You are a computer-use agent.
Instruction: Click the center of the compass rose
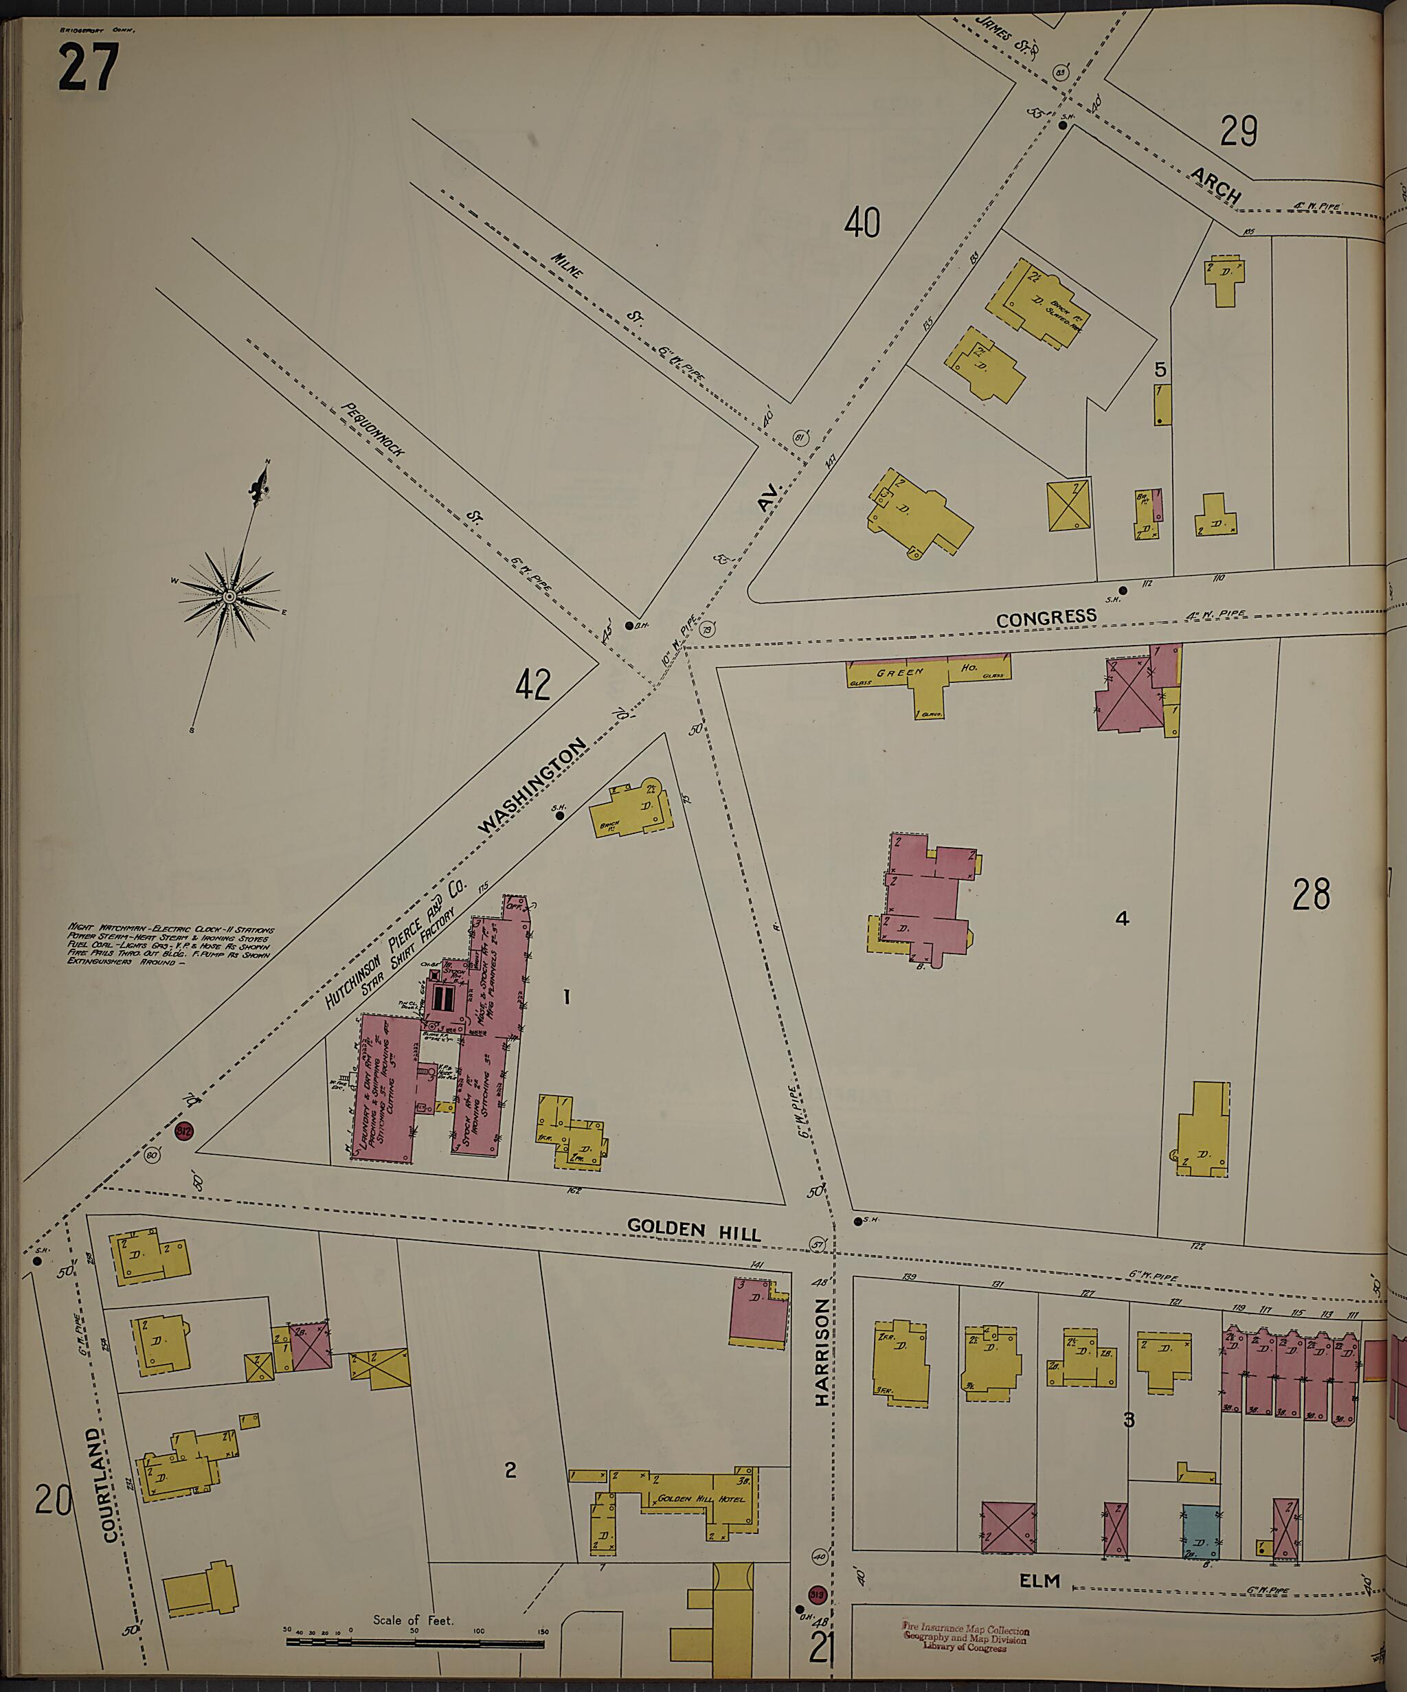pos(229,596)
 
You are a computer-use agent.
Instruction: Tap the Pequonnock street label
pos(372,429)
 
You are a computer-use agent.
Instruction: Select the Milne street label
pos(569,265)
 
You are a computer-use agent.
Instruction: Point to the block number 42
pos(532,686)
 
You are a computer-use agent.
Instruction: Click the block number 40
pos(862,223)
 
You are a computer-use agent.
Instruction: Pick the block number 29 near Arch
pos(1239,131)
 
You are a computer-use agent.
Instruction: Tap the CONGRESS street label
pos(1046,618)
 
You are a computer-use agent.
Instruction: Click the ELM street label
pos(1039,1581)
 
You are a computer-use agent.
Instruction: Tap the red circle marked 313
pos(816,1594)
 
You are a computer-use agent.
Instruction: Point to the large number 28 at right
pos(1311,894)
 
